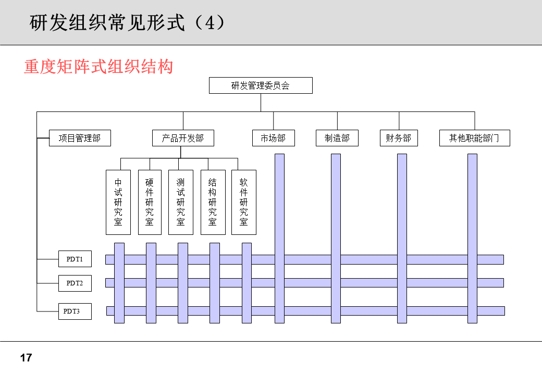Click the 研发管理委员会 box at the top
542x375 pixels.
pos(261,85)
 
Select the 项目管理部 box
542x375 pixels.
pos(80,138)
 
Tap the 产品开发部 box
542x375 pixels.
pos(183,138)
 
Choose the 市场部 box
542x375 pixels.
pos(273,138)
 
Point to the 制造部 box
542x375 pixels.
pos(337,138)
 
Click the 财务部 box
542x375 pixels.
pos(399,138)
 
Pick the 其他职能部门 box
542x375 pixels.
pos(474,138)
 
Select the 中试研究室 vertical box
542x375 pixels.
pos(118,202)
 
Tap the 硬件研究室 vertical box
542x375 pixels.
pos(150,202)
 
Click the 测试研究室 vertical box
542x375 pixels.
pos(181,202)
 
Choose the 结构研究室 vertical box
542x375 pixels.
pos(213,202)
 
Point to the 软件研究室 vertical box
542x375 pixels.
pos(244,202)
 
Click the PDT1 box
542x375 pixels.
pos(75,259)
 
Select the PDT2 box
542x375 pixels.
pos(75,283)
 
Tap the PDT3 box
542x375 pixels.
pos(75,311)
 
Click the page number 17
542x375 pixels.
pos(26,358)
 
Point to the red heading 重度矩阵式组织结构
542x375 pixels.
pos(98,67)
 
